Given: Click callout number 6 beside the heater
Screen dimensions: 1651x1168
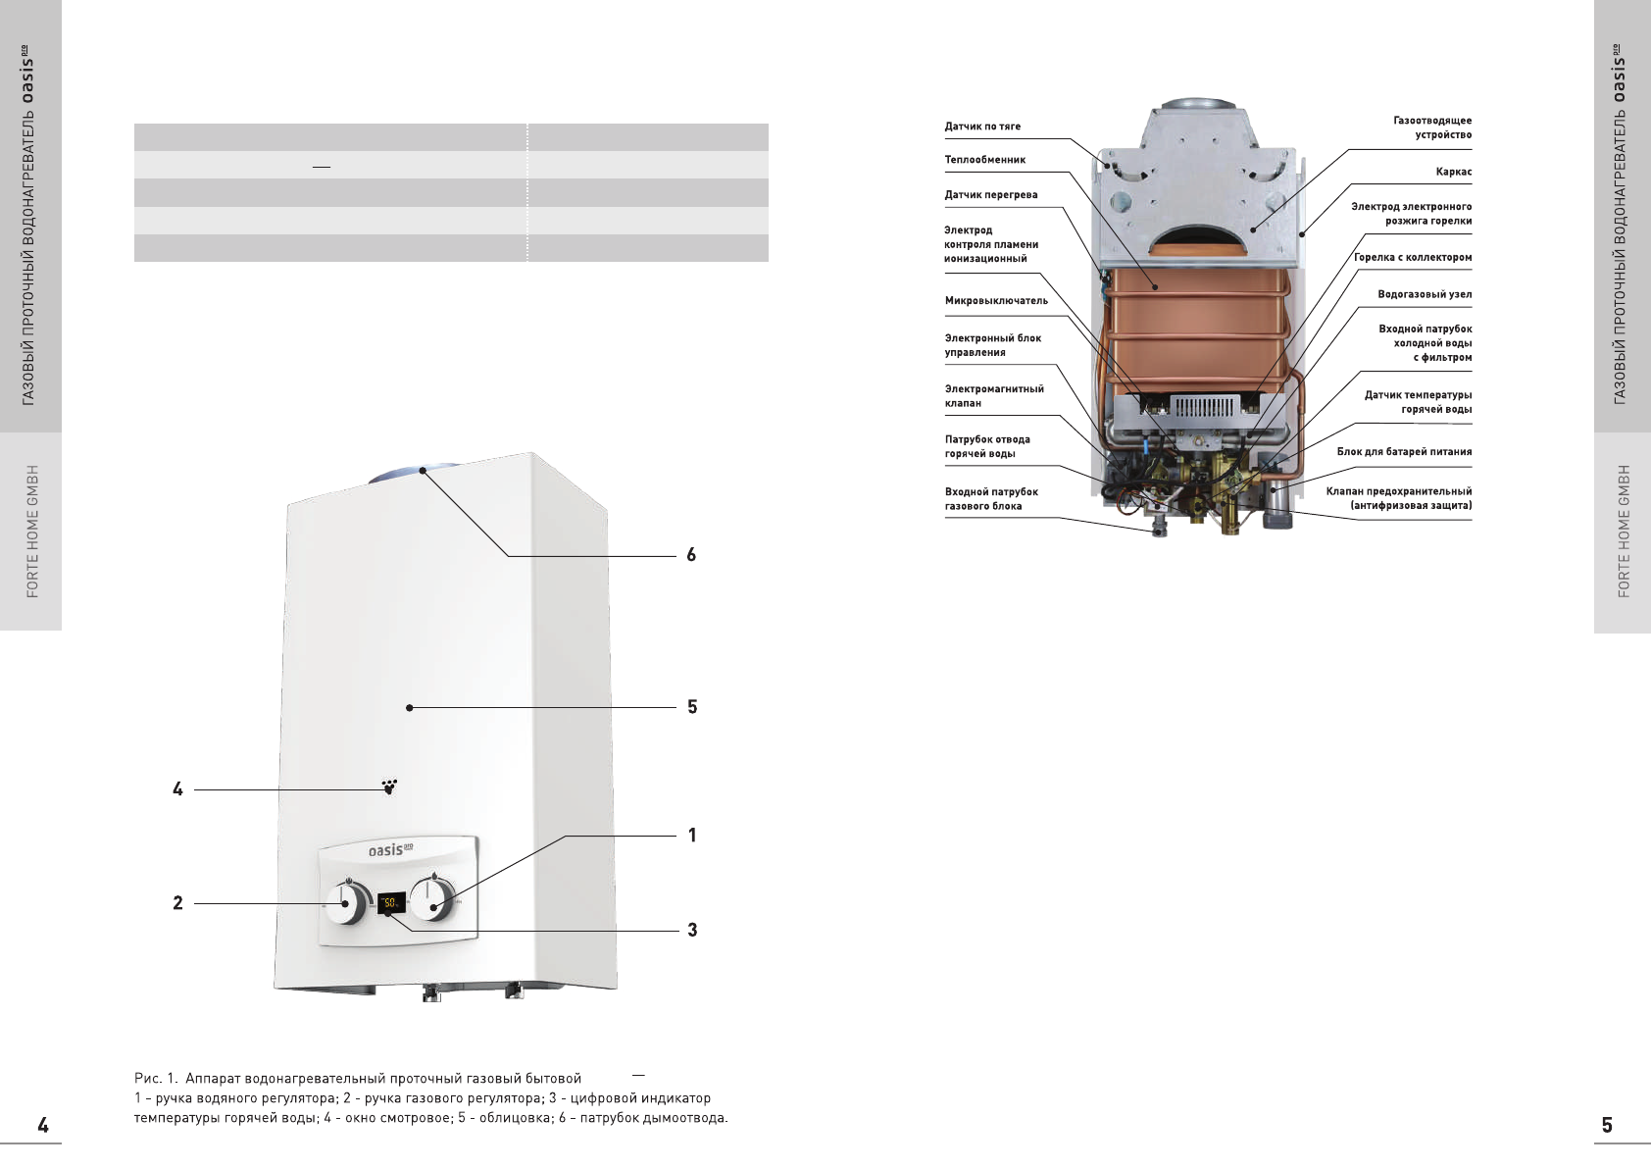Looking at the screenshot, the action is [691, 555].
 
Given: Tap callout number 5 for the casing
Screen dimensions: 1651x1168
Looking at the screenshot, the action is [692, 707].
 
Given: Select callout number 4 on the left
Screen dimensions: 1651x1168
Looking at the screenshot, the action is [177, 789].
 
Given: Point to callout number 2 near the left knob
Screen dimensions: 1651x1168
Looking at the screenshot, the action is [177, 903].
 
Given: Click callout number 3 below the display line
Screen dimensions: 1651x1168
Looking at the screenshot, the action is [692, 930].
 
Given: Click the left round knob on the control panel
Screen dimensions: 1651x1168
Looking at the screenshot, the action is [346, 903].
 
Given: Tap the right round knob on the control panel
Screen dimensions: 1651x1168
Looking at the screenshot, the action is [432, 898].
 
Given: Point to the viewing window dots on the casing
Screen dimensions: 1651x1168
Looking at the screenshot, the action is [389, 787].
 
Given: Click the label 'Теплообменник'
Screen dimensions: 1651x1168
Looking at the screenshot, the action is [984, 160].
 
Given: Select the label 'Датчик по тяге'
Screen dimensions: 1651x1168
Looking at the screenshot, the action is [982, 127].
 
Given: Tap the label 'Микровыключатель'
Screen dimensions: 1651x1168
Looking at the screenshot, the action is [996, 301].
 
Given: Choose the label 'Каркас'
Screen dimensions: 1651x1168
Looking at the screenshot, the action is [1453, 173].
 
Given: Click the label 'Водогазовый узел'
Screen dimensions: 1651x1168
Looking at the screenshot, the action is [1424, 294].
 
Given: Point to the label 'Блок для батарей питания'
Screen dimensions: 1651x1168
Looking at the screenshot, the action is [1404, 452].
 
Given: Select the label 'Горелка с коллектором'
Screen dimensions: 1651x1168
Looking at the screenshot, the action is [1412, 258].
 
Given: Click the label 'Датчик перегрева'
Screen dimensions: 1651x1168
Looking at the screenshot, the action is [990, 195].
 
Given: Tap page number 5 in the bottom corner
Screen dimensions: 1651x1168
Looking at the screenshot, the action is [1606, 1125].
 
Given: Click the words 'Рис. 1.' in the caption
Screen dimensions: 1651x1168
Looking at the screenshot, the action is [155, 1079].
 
